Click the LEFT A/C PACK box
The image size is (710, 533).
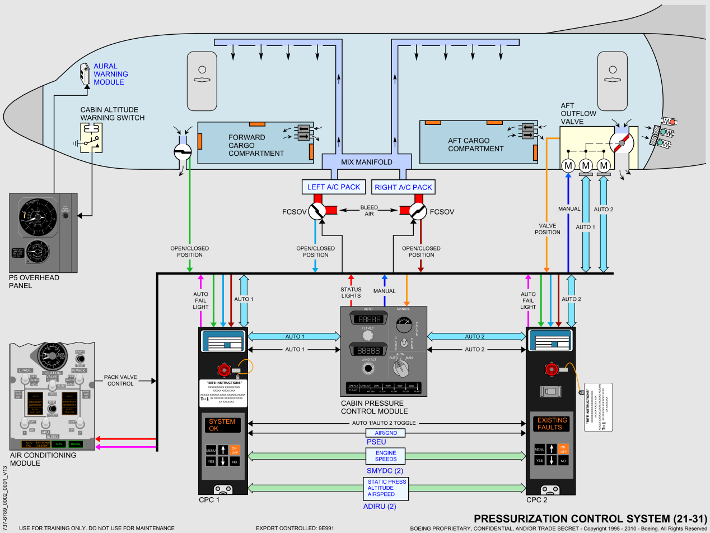334,187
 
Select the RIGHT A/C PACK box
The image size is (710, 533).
403,187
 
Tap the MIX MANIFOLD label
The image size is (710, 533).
367,162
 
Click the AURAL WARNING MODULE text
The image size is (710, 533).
110,74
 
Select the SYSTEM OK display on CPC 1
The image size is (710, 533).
222,425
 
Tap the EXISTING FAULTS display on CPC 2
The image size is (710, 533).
552,424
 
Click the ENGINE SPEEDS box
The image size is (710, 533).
386,456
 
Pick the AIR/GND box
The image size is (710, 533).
386,433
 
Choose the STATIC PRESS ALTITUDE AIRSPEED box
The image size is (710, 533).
387,488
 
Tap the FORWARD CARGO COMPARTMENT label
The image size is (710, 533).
256,145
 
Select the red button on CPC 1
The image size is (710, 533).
224,369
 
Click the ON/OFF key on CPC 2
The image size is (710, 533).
563,448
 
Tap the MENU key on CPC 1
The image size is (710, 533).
211,449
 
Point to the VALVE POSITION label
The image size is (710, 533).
547,228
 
